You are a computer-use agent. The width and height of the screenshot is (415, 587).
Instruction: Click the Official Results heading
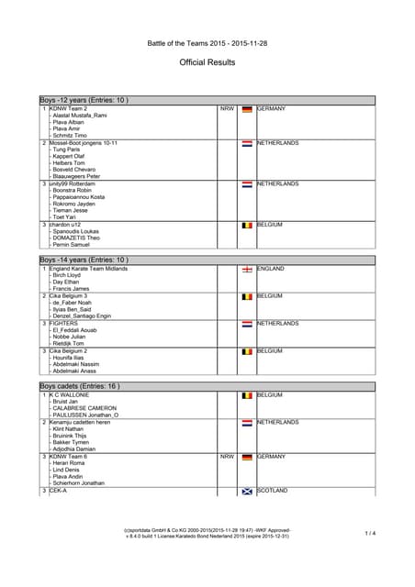point(207,62)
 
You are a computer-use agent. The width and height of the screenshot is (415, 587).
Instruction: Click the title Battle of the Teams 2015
point(207,42)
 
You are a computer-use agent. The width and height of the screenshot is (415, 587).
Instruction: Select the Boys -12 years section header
point(84,100)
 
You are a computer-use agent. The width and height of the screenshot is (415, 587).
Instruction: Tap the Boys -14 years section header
point(84,260)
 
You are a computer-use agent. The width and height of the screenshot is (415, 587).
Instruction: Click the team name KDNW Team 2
point(68,108)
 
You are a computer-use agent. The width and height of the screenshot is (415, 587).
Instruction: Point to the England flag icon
point(246,270)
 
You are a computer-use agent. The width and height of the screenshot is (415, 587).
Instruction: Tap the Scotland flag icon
point(246,491)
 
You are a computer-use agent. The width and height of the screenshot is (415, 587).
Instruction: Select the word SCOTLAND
point(275,491)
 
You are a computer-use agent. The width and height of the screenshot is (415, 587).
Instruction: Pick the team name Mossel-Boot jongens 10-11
point(84,143)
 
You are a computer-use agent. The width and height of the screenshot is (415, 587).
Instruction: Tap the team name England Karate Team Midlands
point(88,269)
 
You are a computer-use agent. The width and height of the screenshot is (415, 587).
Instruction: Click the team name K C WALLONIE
point(70,394)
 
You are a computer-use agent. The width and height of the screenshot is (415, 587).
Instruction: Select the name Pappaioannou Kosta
point(79,197)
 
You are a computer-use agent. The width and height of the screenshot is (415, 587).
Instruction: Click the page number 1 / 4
point(370,533)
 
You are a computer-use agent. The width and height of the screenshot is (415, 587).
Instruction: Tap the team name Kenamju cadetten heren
point(80,422)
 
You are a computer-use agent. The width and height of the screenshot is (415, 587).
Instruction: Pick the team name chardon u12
point(69,224)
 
